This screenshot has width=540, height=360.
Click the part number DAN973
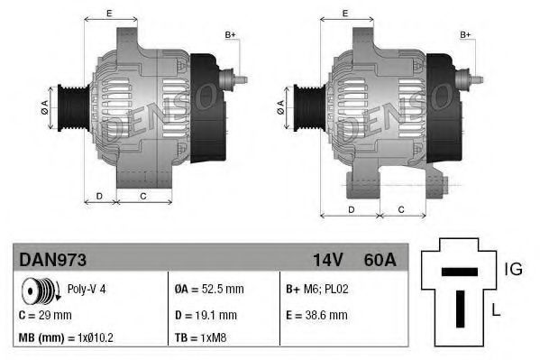[52, 260]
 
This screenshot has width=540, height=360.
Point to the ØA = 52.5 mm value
[210, 291]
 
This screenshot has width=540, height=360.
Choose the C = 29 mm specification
[45, 315]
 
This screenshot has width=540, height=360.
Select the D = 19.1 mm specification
[206, 315]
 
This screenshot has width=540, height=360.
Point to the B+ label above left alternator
[230, 34]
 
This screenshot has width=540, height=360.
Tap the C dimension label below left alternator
[143, 194]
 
